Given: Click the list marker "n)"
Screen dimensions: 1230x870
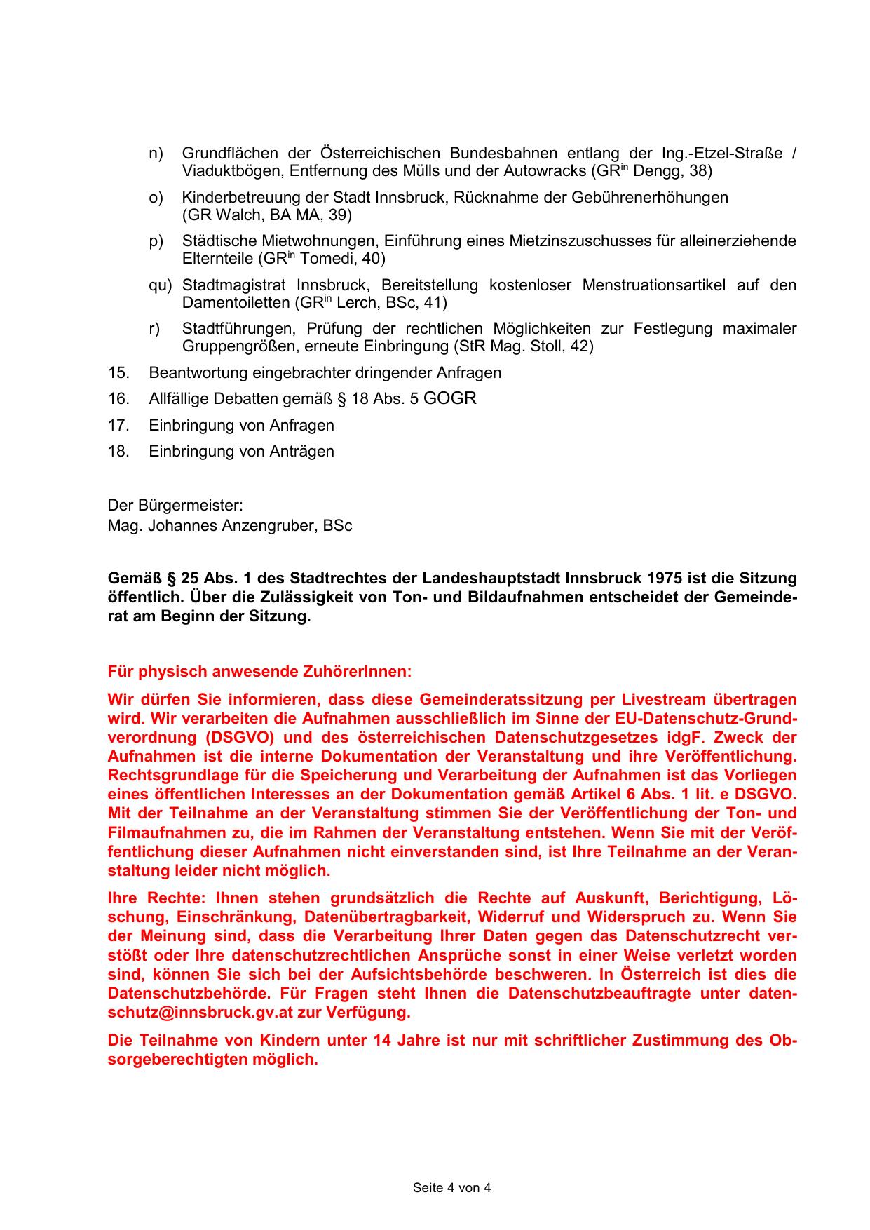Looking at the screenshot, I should (x=156, y=154).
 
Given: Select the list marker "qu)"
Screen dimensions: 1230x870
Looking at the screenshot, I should (x=160, y=285).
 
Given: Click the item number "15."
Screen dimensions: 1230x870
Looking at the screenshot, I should (x=118, y=373).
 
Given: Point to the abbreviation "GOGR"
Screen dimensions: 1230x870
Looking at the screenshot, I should (x=450, y=398).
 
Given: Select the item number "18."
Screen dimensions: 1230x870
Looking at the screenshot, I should (x=118, y=452).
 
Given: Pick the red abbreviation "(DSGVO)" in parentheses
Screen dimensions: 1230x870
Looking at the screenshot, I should (x=240, y=738).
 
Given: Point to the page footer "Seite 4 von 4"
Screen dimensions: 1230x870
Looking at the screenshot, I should (x=451, y=1188).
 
